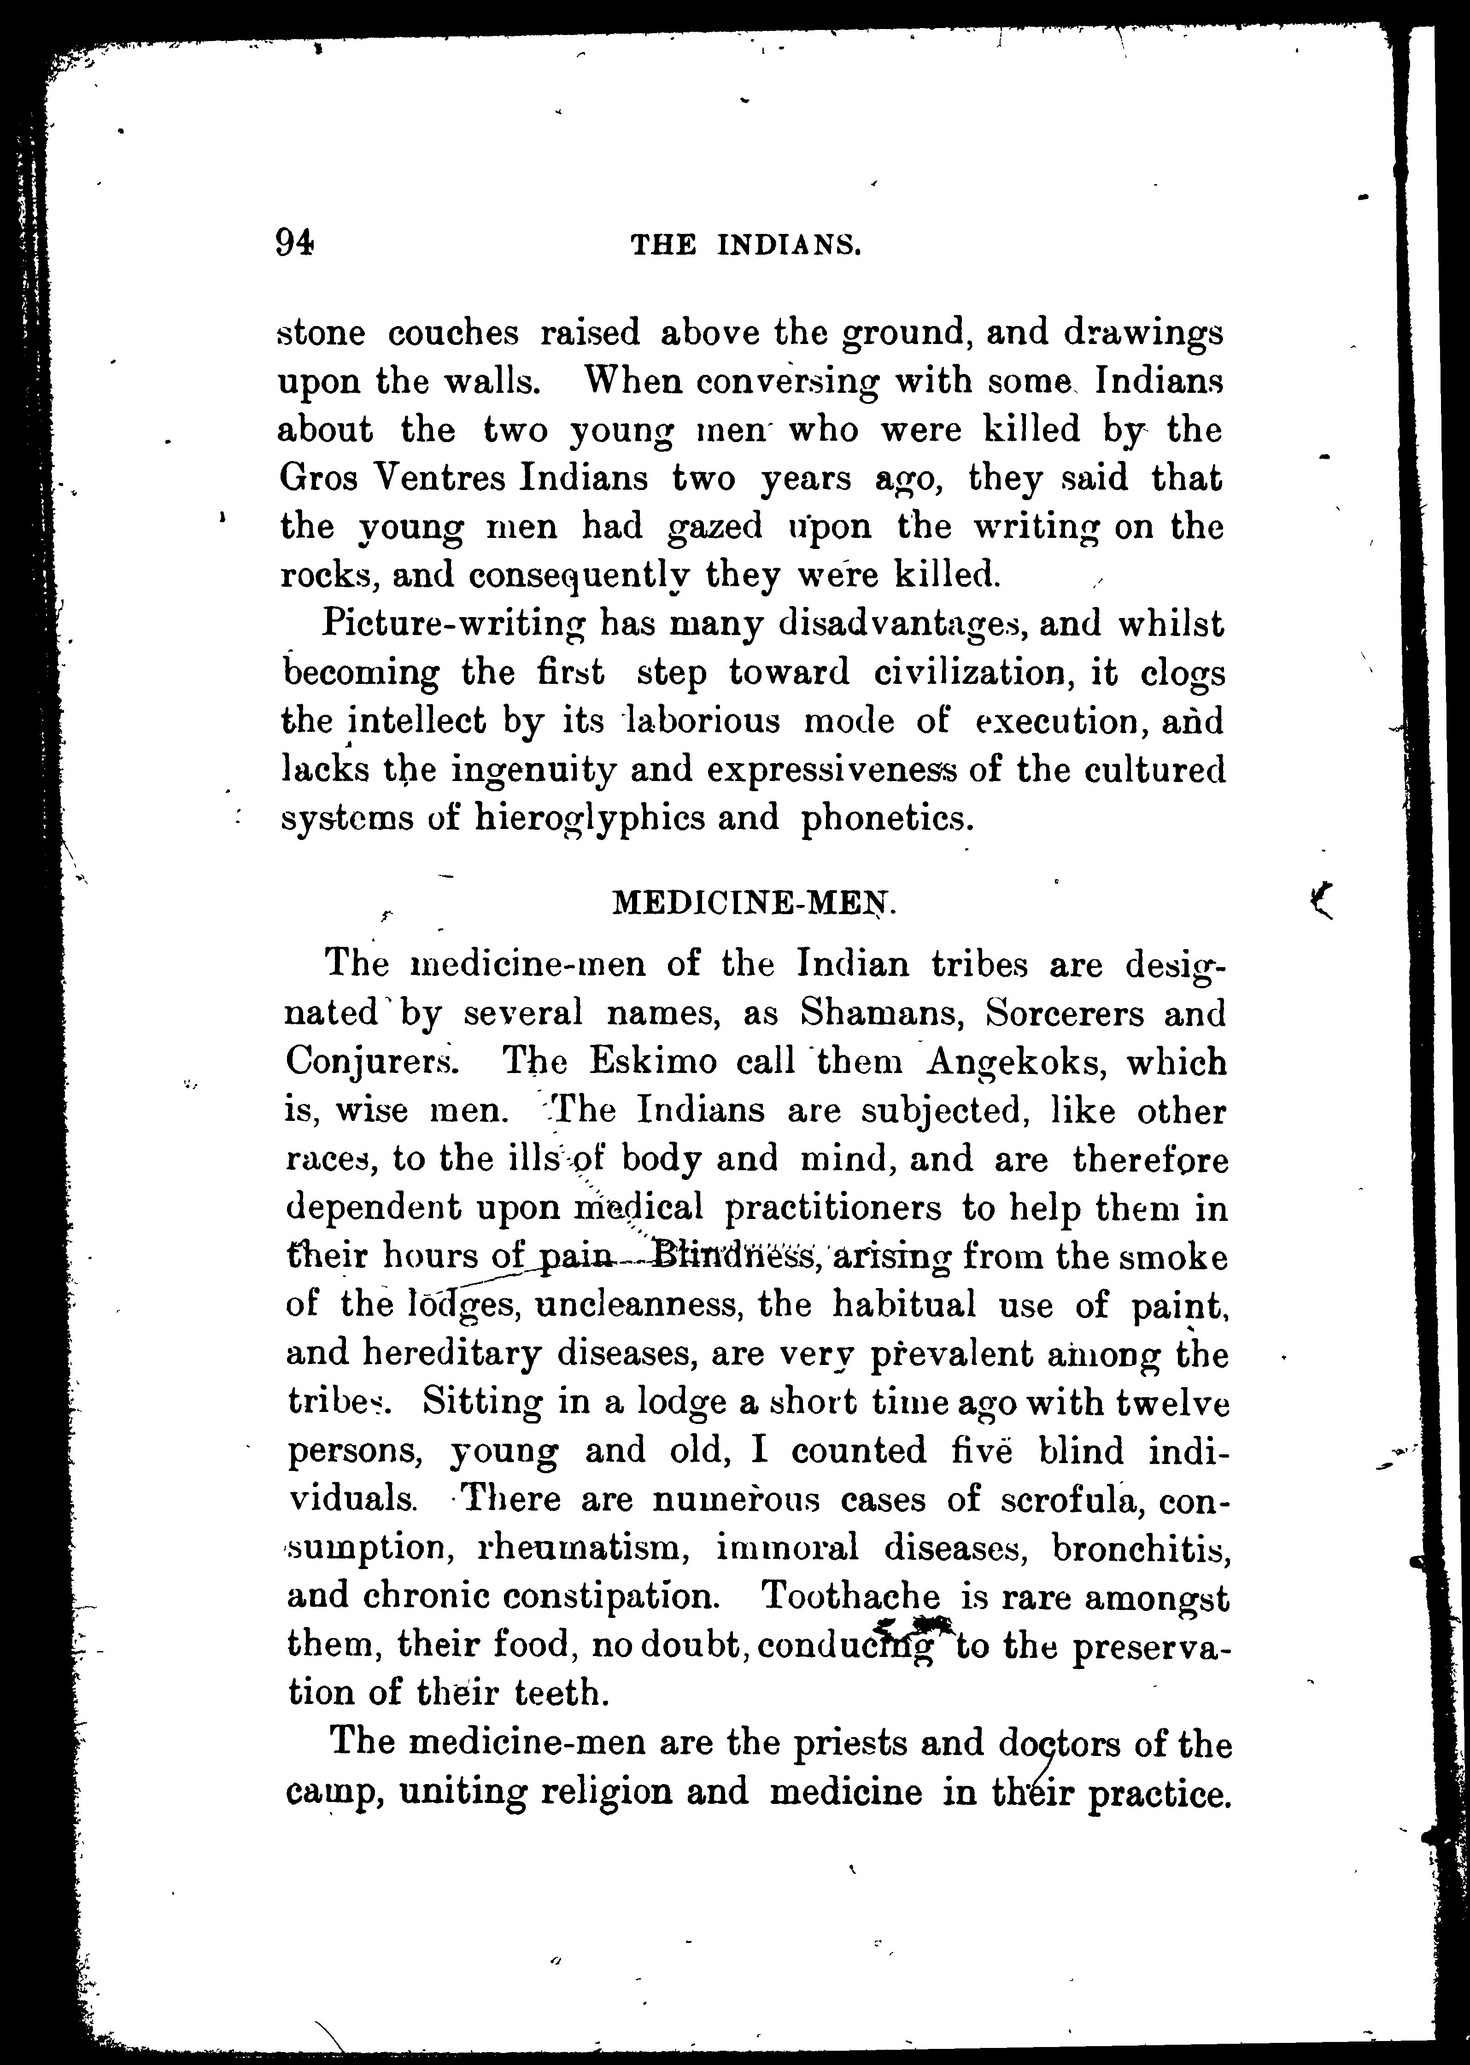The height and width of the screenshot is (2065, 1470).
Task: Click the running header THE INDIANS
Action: coord(744,245)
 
